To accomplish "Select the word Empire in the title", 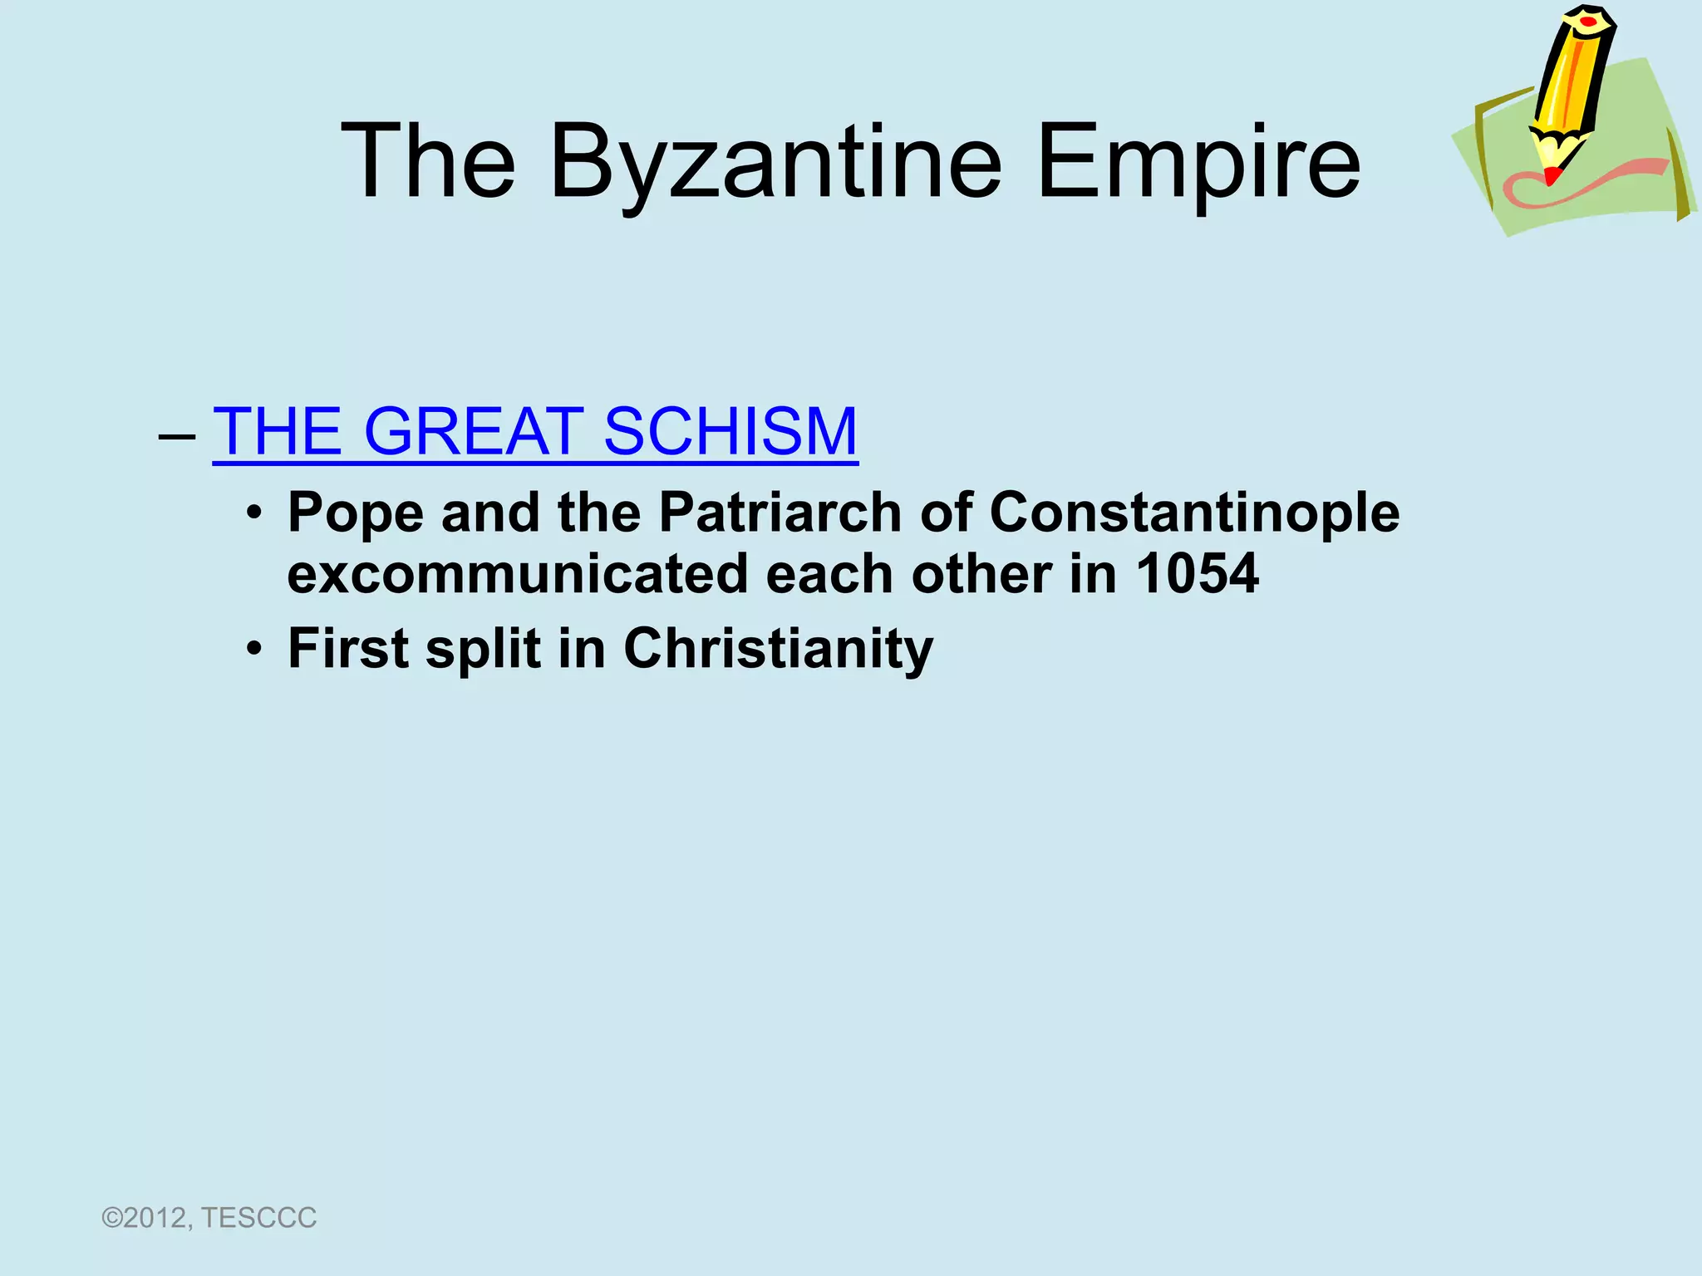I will [x=1198, y=161].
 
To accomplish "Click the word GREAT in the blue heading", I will [x=473, y=431].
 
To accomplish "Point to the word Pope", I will [x=355, y=513].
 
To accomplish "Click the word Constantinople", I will [x=1194, y=513].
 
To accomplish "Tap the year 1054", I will [x=1198, y=575].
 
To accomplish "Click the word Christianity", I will [x=778, y=649].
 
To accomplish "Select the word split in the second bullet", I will [x=483, y=649].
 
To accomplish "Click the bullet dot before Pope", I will [x=254, y=513].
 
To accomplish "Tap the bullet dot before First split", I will [x=254, y=649].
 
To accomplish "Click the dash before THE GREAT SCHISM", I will [x=176, y=435].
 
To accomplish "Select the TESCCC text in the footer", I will [x=258, y=1218].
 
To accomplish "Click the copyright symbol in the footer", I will [x=111, y=1219].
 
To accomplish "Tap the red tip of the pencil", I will [x=1551, y=176].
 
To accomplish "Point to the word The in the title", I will [x=428, y=161].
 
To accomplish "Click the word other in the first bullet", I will [x=981, y=575].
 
